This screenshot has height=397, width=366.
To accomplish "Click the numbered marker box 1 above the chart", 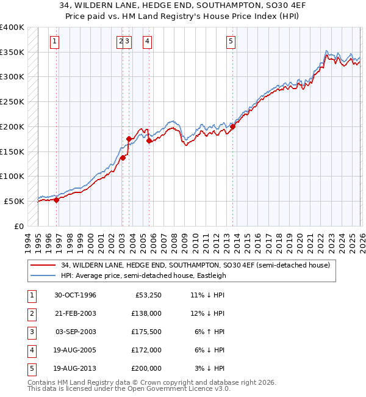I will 55,42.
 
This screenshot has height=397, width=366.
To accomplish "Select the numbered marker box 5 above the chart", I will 231,42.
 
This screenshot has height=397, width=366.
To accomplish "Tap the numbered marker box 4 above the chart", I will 148,42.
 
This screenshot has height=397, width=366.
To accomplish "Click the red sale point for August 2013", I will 233,127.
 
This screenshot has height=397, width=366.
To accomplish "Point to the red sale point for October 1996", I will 57,199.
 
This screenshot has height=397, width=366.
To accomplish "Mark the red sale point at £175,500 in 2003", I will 129,139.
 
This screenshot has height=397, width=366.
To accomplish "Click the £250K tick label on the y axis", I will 12,101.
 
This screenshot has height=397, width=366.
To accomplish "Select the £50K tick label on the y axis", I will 15,201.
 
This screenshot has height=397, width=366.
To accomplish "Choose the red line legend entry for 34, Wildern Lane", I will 195,265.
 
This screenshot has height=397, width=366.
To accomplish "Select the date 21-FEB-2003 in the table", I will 76,313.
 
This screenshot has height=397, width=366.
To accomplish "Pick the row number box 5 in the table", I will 30,368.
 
